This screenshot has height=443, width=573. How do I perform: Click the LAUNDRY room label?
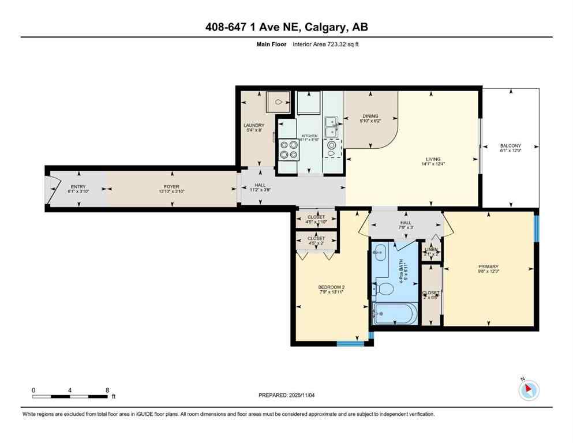(254, 125)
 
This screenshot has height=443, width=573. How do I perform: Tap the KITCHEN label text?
(309, 136)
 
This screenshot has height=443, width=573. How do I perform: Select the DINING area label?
(370, 116)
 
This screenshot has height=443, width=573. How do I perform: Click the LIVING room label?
(433, 159)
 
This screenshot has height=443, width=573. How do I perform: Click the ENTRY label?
(78, 187)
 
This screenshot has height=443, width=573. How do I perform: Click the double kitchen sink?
(331, 127)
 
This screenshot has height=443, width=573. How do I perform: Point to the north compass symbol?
(528, 391)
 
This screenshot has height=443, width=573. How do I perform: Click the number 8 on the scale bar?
(107, 390)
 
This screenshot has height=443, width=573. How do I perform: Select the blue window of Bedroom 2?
(351, 344)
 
